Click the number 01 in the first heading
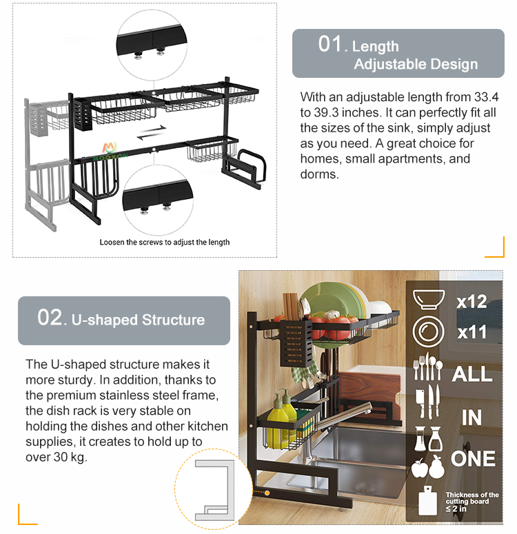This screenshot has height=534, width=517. (x=330, y=44)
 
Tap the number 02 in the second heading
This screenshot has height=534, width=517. (x=50, y=318)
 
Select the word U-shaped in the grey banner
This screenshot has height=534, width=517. (x=105, y=320)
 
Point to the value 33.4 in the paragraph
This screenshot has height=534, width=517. (x=487, y=97)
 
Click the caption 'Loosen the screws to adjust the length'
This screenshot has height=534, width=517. (x=165, y=242)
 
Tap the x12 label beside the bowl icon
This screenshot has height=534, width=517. (x=472, y=302)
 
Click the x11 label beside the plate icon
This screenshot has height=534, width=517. (x=472, y=332)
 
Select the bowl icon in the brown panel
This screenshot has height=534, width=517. (x=429, y=299)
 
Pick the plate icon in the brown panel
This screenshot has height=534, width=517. (x=428, y=331)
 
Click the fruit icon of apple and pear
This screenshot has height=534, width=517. (x=428, y=466)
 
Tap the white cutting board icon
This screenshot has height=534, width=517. (x=427, y=500)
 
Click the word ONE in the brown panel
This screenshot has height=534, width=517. (x=473, y=458)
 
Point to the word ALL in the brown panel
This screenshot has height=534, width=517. (x=472, y=374)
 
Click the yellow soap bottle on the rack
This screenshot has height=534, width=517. (x=278, y=422)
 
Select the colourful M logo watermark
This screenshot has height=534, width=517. (x=110, y=147)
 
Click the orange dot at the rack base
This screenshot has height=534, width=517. (x=267, y=493)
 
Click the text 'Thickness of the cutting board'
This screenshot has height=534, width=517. (x=472, y=498)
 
